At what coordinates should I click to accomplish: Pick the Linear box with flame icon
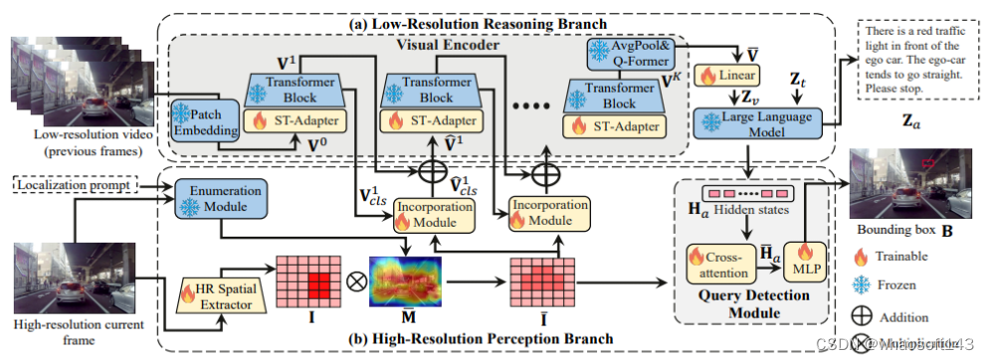(740, 75)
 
